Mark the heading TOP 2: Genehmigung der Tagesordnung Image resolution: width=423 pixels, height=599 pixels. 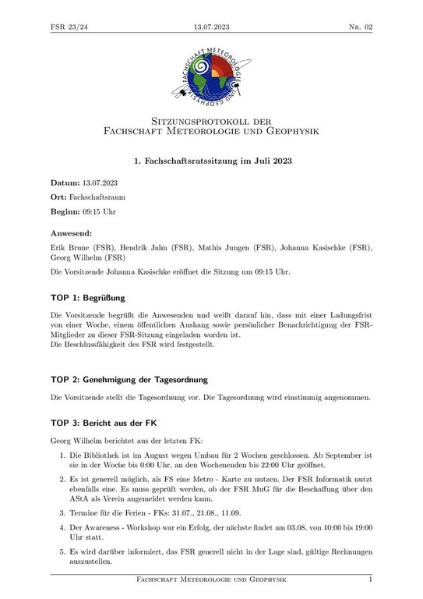tap(129, 380)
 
